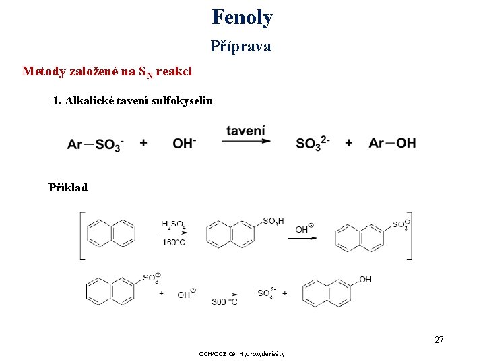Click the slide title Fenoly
[242, 17]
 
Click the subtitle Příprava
[240, 47]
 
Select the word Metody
[44, 71]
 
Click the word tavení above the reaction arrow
[245, 129]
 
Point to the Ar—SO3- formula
[95, 144]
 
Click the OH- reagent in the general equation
[185, 143]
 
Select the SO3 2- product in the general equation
[313, 143]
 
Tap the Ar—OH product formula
[392, 143]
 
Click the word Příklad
[68, 187]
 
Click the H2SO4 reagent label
[174, 224]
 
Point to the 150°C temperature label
[174, 243]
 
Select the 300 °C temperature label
[224, 303]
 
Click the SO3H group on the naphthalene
[273, 221]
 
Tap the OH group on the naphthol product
[365, 280]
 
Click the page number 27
[439, 340]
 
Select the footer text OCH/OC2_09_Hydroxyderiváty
[242, 354]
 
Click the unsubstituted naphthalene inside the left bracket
[111, 233]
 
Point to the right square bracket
[409, 235]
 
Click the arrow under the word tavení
[245, 142]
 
